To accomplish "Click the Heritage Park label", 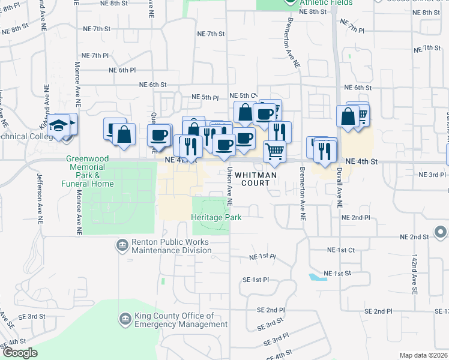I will tap(217, 217).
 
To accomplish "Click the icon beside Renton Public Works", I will tap(122, 245).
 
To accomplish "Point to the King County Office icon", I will tap(125, 319).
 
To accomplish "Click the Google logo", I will tap(20, 353).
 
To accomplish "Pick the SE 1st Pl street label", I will tap(255, 280).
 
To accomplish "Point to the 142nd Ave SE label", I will tap(414, 274).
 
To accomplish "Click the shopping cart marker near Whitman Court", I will tap(274, 151).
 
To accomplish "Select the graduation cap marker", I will tap(59, 126).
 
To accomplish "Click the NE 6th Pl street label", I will tap(122, 70).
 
